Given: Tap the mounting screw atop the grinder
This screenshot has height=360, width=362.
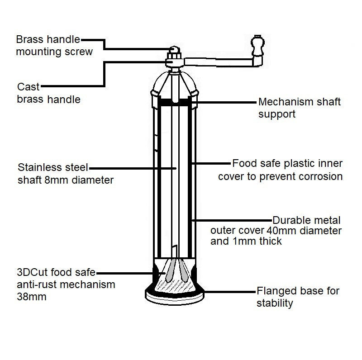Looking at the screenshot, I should (x=174, y=49).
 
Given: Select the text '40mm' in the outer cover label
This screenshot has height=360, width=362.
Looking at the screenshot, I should (x=279, y=231).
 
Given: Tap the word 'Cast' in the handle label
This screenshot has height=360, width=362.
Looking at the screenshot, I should (x=28, y=87).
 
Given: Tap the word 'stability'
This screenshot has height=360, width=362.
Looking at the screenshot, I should (x=275, y=303).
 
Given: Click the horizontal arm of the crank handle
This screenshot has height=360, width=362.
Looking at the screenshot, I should (x=217, y=61).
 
